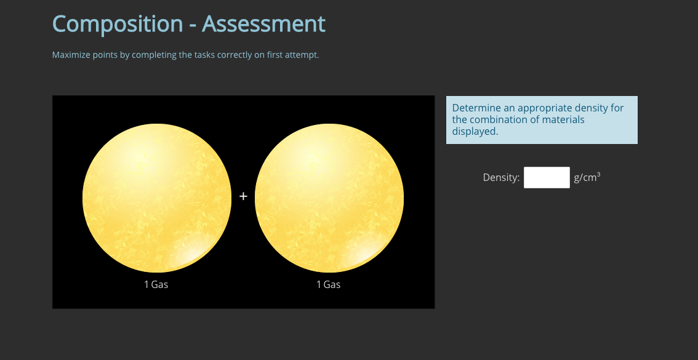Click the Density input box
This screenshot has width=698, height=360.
coord(547,177)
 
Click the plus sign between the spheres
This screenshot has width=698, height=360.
coord(243,196)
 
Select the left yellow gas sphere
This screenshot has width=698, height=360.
coord(157,198)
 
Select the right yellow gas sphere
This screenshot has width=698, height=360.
coord(329,198)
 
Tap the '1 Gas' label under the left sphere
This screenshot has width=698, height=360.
coord(156,284)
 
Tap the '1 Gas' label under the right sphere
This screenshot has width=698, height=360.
coord(328,284)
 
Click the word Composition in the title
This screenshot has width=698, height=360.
coord(118,24)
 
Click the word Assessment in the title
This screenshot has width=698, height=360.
coord(263,24)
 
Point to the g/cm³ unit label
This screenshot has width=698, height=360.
coord(587,177)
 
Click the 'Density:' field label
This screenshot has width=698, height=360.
coord(501,178)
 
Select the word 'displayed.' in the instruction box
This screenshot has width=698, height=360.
coord(475,131)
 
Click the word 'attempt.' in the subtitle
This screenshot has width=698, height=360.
coord(303,55)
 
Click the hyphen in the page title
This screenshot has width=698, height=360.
coord(193,25)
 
